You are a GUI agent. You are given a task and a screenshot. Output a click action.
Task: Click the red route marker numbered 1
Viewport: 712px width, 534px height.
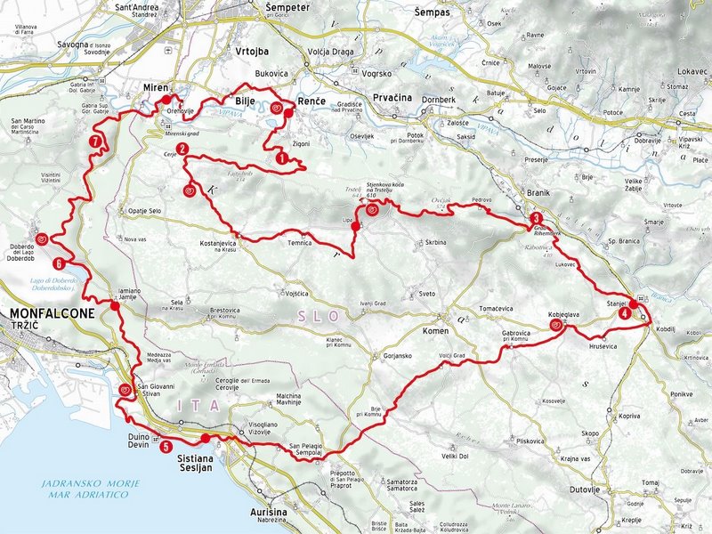(x=282, y=158)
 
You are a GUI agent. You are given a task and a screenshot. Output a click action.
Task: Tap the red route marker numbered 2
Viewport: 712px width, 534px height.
(x=182, y=149)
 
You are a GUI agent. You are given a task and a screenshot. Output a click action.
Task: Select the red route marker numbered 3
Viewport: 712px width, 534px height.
(x=536, y=218)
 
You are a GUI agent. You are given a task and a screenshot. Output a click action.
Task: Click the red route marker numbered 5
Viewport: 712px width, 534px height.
(x=166, y=447)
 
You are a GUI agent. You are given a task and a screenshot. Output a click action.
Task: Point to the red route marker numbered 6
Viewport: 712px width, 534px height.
(x=59, y=263)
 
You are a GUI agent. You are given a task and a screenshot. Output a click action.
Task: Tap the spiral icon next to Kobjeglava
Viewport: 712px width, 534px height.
(x=556, y=326)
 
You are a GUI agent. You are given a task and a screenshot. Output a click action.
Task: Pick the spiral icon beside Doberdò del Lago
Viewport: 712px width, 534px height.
(x=42, y=238)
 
